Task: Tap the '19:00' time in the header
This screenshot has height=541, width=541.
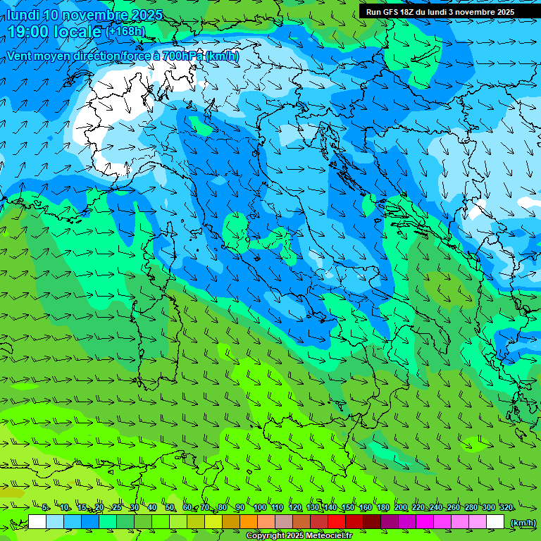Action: [27, 31]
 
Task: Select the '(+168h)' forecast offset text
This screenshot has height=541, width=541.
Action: [125, 31]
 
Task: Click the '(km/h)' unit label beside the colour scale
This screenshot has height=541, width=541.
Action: [523, 523]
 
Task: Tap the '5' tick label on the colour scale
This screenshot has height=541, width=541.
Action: [45, 507]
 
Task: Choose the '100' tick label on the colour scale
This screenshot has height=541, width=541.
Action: [259, 507]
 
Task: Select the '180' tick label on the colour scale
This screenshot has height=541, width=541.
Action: [383, 507]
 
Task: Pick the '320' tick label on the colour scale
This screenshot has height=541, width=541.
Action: [506, 507]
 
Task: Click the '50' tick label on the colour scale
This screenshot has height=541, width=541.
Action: [170, 507]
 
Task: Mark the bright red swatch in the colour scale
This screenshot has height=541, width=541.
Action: [337, 522]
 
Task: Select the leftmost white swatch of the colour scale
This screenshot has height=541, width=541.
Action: [37, 522]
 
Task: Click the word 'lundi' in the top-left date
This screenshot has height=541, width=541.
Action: [23, 15]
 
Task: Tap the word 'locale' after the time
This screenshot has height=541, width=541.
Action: [77, 31]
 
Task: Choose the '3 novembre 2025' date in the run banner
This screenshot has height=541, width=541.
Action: [481, 11]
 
